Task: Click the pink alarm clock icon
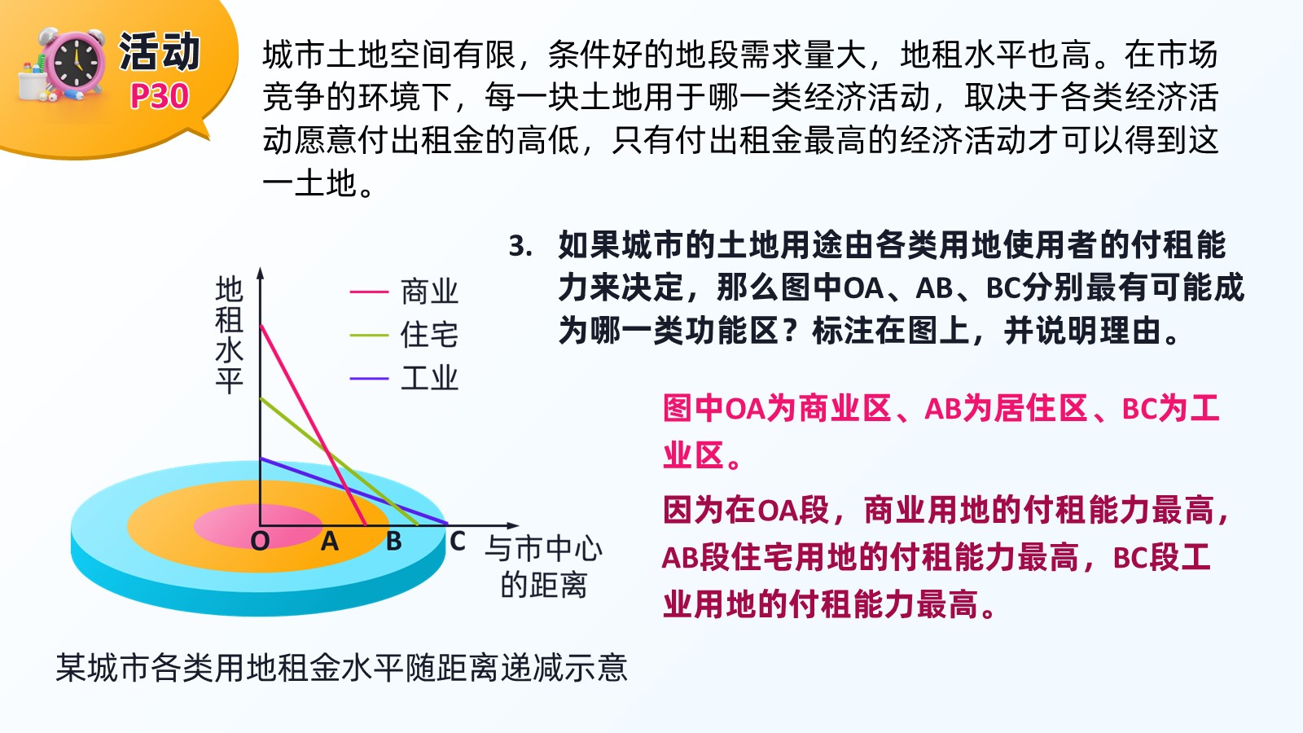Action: pos(74,64)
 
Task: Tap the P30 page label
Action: pos(160,96)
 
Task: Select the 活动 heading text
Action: pos(160,51)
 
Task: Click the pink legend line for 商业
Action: pos(369,292)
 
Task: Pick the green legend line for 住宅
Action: pos(369,335)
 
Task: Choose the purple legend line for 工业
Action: pos(369,379)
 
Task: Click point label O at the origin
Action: pos(260,542)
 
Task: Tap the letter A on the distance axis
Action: pos(330,542)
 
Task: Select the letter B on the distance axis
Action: pos(394,542)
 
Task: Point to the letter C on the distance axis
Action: pos(457,542)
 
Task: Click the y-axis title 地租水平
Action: pos(229,335)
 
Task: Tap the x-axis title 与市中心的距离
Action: pos(543,567)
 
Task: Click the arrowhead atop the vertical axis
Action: pos(261,274)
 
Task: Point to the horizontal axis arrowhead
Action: pos(512,525)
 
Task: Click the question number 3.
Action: pos(520,246)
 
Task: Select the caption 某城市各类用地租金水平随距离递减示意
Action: pos(342,667)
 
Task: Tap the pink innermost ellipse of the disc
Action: pos(257,526)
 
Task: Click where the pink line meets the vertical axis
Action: pos(261,326)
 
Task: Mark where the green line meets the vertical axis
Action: pos(261,398)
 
